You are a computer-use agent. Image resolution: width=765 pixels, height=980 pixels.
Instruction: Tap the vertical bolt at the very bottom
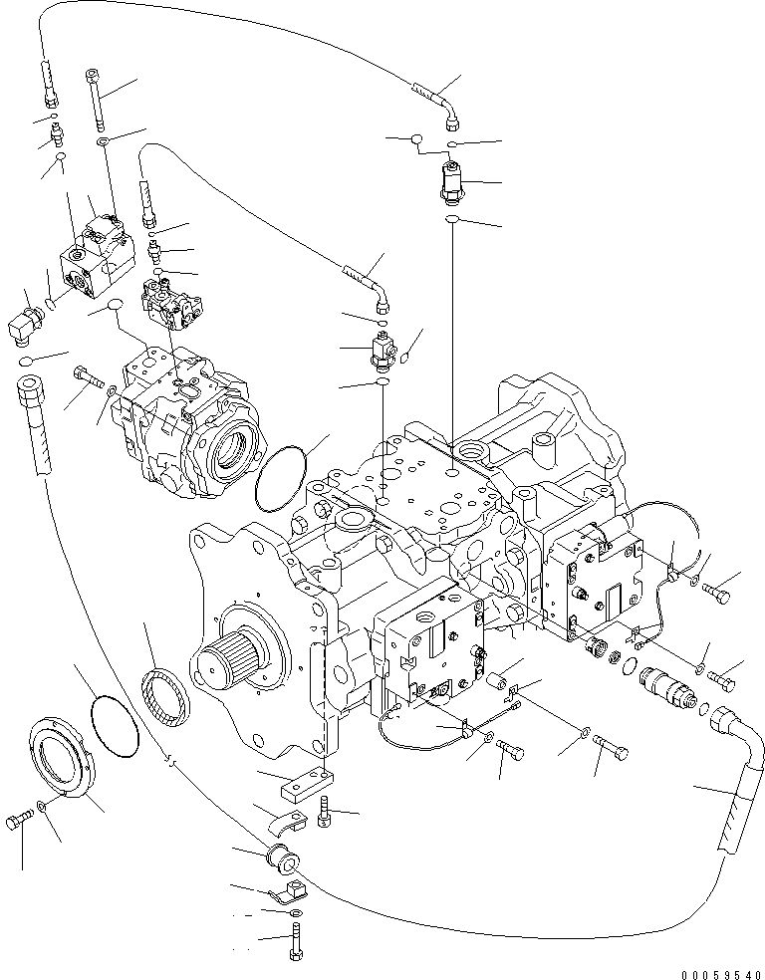tap(295, 940)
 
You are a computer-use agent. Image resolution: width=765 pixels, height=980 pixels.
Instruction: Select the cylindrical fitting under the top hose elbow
tap(451, 183)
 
